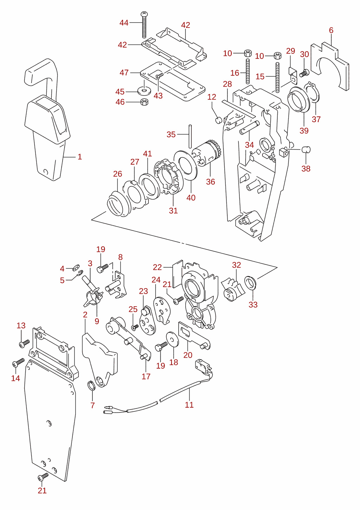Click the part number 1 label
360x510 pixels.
pyautogui.click(x=80, y=157)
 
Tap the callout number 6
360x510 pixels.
pyautogui.click(x=331, y=30)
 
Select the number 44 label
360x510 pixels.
pyautogui.click(x=124, y=23)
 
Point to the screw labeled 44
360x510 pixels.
pyautogui.click(x=144, y=25)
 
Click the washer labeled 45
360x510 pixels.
pyautogui.click(x=144, y=91)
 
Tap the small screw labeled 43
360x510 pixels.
pyautogui.click(x=160, y=76)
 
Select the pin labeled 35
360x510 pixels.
pyautogui.click(x=190, y=136)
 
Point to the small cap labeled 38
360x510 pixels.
pyautogui.click(x=306, y=149)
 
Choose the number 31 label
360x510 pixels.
pyautogui.click(x=173, y=210)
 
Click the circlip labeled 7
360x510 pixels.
pyautogui.click(x=91, y=386)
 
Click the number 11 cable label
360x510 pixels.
pyautogui.click(x=189, y=404)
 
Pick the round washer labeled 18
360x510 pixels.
pyautogui.click(x=172, y=339)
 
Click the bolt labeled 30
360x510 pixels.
pyautogui.click(x=304, y=73)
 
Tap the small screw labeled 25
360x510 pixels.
pyautogui.click(x=135, y=327)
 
